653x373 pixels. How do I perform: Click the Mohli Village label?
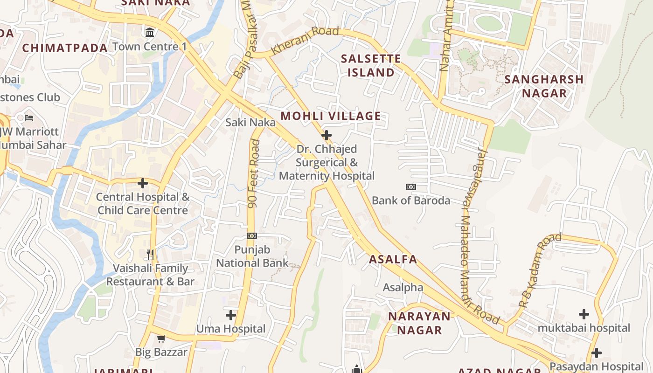click(x=330, y=116)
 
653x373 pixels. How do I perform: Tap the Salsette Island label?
click(x=371, y=65)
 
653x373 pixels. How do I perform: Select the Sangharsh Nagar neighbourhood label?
click(x=544, y=86)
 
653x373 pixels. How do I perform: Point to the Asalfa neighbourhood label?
click(x=393, y=260)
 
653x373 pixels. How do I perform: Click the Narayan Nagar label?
click(x=419, y=323)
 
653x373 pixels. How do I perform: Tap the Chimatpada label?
click(x=65, y=48)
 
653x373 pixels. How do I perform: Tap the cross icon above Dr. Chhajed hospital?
click(x=326, y=135)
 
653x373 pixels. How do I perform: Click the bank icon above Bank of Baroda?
click(x=410, y=187)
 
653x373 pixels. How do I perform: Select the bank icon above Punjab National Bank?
click(x=252, y=236)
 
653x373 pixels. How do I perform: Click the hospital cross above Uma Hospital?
click(x=230, y=315)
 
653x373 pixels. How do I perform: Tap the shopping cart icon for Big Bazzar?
click(x=161, y=338)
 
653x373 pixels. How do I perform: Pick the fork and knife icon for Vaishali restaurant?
click(x=150, y=254)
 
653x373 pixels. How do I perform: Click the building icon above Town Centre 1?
click(x=150, y=33)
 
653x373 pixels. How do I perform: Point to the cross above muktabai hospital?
click(x=584, y=314)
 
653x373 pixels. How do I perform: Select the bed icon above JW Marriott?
click(x=29, y=117)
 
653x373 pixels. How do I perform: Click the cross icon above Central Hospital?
click(x=143, y=183)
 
